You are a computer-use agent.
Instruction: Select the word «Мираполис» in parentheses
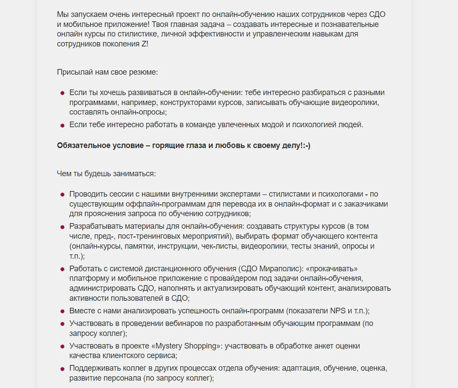click(x=279, y=269)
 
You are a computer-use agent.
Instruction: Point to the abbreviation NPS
click(x=338, y=311)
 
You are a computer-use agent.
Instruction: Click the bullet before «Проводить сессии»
click(x=62, y=195)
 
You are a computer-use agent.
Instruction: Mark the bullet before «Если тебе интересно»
click(x=62, y=125)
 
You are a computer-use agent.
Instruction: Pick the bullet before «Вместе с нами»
click(x=62, y=311)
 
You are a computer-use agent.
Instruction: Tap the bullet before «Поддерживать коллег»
click(x=62, y=369)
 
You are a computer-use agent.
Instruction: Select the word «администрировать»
click(x=102, y=288)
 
